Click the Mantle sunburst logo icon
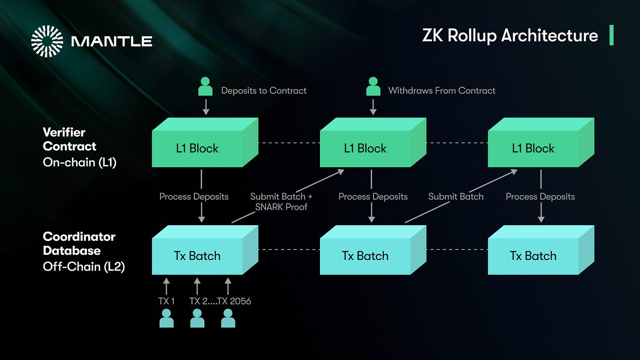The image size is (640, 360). point(47,41)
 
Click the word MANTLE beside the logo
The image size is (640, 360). point(112,42)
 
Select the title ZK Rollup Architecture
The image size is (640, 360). point(510,36)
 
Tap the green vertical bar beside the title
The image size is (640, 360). point(611,36)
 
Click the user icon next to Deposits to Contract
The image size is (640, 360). point(205,87)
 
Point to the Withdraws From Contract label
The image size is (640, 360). point(442,90)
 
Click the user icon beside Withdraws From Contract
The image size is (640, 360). point(373,87)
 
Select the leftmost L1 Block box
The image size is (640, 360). point(198,148)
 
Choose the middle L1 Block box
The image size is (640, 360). point(365,148)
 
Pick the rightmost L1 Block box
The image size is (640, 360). point(533,148)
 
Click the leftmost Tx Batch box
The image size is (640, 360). point(198,256)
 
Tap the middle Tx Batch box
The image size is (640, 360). point(365,256)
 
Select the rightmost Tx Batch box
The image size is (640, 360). point(533,256)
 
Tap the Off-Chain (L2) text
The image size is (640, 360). point(84,266)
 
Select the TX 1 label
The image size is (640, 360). point(166,301)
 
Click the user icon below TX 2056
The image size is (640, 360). point(228,318)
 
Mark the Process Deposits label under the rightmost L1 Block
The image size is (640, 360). point(540,196)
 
